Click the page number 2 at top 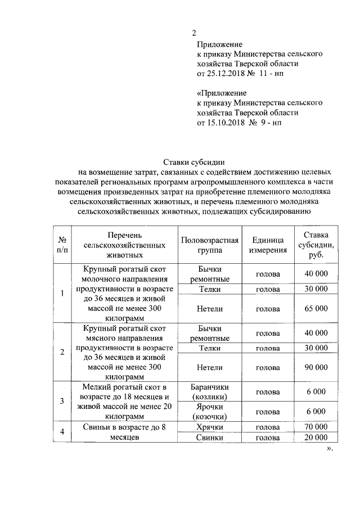[193, 33]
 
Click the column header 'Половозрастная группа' [210, 245]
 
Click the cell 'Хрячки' [210, 427]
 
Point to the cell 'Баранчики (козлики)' [210, 391]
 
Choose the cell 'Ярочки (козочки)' [210, 412]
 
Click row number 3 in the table [62, 401]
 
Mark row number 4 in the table [62, 432]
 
